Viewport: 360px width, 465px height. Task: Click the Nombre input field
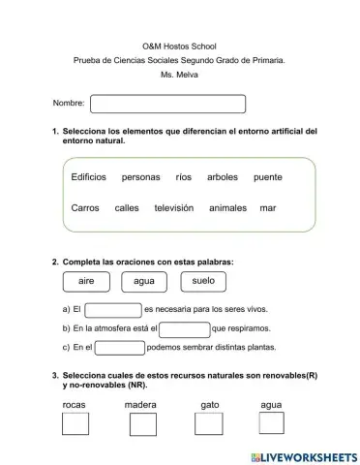click(167, 104)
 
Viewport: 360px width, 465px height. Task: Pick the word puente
click(267, 177)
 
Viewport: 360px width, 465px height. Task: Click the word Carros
click(85, 208)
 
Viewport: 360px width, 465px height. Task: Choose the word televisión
click(174, 208)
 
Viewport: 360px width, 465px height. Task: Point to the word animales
click(228, 208)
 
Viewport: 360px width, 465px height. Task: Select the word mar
click(268, 208)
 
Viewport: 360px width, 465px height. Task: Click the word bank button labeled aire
click(86, 281)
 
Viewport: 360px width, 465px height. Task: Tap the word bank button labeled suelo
click(203, 281)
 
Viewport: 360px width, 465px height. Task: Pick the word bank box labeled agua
click(144, 281)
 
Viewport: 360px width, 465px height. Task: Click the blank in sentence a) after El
click(113, 310)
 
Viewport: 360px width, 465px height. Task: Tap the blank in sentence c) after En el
click(121, 348)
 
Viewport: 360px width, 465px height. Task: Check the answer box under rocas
click(75, 423)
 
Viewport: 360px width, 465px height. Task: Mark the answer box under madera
click(142, 423)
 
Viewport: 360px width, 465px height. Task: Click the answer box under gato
click(208, 423)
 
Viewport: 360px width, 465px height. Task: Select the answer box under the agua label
click(272, 423)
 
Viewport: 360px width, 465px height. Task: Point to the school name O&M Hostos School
click(180, 46)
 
